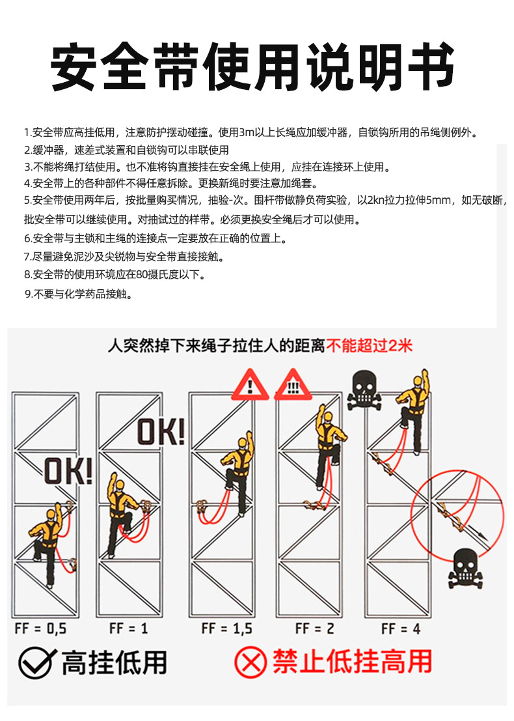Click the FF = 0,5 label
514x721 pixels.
[40, 629]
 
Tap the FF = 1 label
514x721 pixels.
[129, 628]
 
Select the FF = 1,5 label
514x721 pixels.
[227, 629]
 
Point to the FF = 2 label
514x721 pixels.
[315, 629]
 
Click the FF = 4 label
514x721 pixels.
[401, 629]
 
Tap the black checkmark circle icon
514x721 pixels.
[36, 662]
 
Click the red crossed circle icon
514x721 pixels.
[250, 662]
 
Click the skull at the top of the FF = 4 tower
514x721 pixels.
[364, 390]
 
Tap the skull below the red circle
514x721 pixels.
[465, 568]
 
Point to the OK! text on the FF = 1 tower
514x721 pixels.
[161, 432]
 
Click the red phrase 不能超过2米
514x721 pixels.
[370, 346]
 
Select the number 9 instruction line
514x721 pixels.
[79, 294]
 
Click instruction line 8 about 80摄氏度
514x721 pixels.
[115, 275]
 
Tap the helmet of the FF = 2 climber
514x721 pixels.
[327, 417]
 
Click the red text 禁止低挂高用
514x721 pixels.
[352, 662]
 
